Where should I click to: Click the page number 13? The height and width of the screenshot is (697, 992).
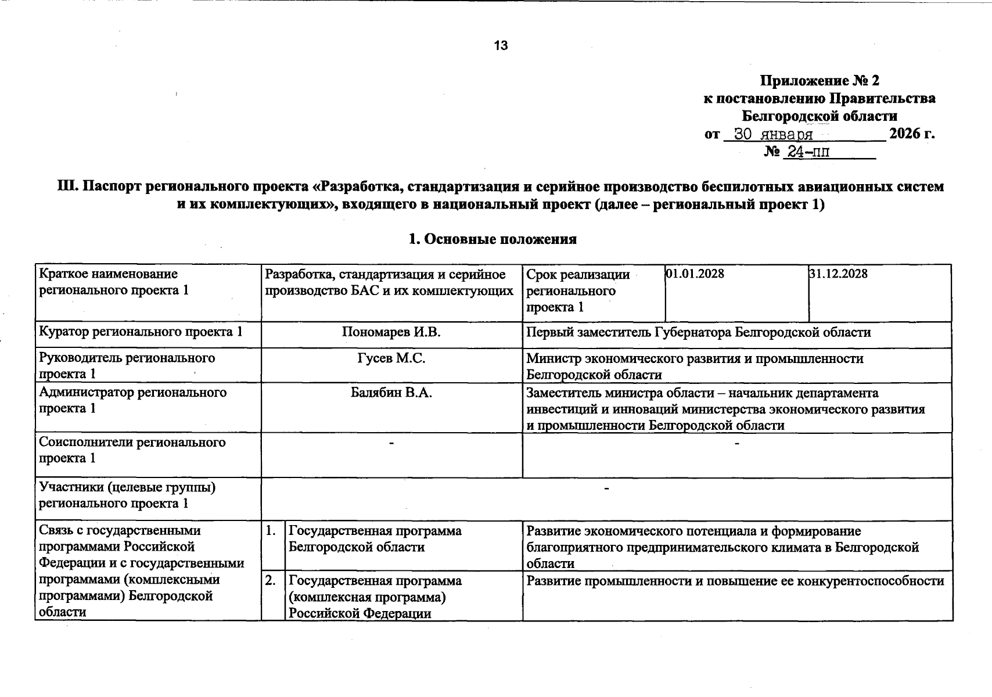(x=501, y=46)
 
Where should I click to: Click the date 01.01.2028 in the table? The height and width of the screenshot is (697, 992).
(x=695, y=274)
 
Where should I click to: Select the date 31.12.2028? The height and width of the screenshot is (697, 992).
(x=838, y=274)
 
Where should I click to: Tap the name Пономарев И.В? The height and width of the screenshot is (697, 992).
(x=391, y=333)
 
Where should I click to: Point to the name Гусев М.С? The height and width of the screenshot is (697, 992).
(x=391, y=359)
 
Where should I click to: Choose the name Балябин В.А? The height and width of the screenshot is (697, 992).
(x=391, y=393)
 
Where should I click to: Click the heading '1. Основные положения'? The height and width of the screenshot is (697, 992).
(x=493, y=239)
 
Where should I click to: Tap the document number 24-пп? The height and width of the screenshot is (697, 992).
(x=807, y=153)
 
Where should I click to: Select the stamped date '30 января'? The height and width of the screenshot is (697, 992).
(x=773, y=135)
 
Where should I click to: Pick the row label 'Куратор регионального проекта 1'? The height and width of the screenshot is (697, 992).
(x=141, y=333)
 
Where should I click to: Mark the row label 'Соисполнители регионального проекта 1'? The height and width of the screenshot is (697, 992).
(x=132, y=450)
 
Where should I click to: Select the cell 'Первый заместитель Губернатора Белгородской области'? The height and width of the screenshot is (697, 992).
(x=698, y=333)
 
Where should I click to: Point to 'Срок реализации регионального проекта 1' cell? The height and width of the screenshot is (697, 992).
(x=578, y=290)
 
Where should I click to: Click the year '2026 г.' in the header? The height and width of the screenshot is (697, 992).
(x=912, y=134)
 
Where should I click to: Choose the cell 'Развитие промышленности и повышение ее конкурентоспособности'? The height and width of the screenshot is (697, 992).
(x=735, y=581)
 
